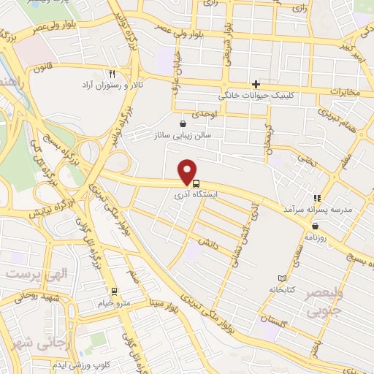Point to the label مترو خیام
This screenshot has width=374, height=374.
[x=114, y=302]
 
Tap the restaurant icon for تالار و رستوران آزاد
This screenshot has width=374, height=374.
[x=112, y=74]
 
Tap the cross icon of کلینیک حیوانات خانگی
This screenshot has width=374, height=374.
[x=255, y=83]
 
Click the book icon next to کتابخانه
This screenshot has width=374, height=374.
[x=283, y=278]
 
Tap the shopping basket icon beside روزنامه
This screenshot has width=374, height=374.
[x=314, y=225]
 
